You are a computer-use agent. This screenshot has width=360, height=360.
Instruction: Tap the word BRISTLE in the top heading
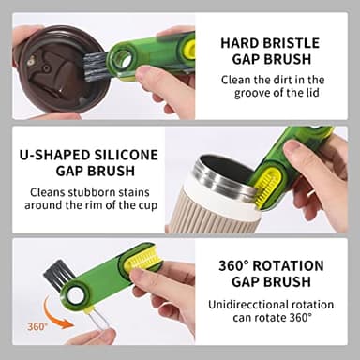coord(292,43)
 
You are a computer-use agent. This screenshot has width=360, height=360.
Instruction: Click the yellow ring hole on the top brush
coord(116,64)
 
